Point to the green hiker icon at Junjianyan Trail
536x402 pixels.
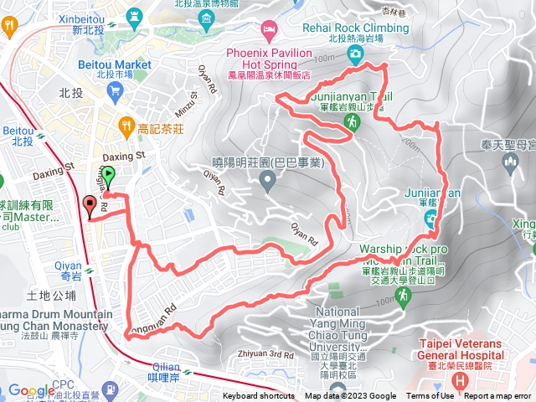(353, 123)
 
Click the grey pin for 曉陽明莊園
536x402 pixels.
(267, 179)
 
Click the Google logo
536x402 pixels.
(31, 390)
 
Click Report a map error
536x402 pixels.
(498, 396)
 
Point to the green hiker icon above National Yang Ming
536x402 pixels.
(405, 295)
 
